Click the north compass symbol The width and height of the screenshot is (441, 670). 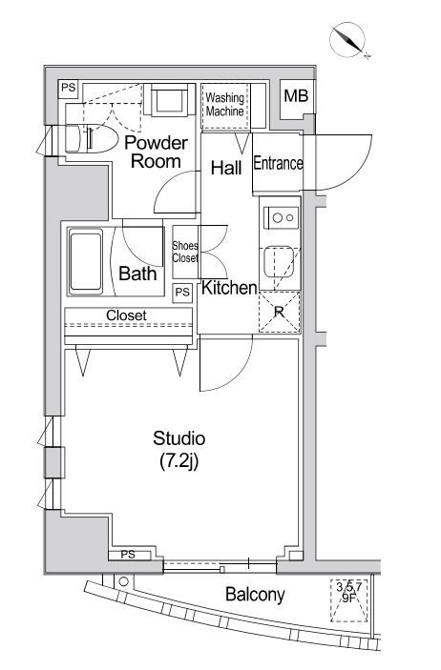(349, 40)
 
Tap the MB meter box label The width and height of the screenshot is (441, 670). (296, 95)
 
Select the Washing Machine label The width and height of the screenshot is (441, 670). (224, 105)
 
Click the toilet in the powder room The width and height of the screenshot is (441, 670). (92, 138)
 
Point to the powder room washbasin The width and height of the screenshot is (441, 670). (169, 99)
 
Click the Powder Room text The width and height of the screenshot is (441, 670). (156, 152)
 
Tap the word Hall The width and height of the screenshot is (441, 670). (226, 168)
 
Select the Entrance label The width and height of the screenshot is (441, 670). (278, 163)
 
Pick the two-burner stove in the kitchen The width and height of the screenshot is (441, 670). (281, 218)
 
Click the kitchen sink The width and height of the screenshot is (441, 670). (279, 262)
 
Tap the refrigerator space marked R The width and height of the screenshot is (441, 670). (279, 313)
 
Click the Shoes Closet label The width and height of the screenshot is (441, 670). (185, 253)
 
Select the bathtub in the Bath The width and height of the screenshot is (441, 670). (86, 261)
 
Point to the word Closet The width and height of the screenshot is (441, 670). (126, 315)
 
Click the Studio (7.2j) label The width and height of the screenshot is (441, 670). (178, 450)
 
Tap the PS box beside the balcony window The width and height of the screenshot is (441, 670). (129, 555)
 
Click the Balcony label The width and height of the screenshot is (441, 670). (255, 595)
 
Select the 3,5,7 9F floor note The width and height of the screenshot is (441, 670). (349, 592)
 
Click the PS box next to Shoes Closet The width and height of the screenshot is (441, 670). (182, 293)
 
